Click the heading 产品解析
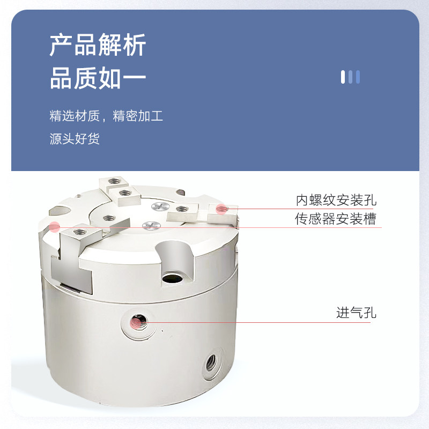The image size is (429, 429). (98, 45)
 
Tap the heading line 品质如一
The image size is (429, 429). (98, 78)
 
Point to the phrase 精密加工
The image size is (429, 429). (138, 116)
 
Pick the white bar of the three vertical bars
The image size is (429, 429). (343, 77)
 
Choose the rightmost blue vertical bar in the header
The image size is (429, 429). (358, 77)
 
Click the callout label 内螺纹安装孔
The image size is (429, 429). (336, 201)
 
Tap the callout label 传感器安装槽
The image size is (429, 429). (335, 219)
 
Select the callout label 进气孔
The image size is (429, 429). (356, 313)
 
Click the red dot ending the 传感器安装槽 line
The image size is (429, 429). (54, 227)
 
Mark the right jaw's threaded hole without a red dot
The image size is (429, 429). (181, 209)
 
